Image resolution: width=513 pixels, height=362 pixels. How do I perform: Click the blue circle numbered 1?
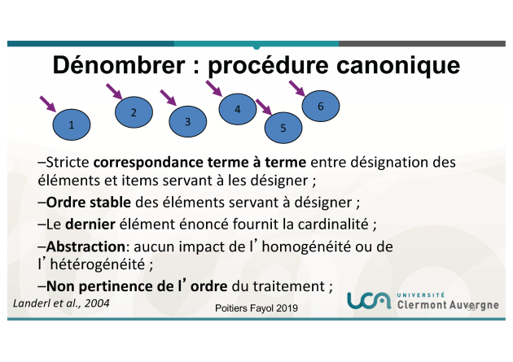click(x=72, y=124)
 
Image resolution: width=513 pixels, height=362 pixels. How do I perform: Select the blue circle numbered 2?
click(x=134, y=112)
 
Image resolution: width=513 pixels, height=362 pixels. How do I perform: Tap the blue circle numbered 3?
click(x=188, y=121)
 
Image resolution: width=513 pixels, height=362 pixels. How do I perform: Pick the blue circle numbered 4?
click(x=238, y=109)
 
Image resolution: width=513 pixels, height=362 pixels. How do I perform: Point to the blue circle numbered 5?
click(x=283, y=128)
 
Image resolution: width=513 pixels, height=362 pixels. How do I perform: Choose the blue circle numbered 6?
click(x=321, y=107)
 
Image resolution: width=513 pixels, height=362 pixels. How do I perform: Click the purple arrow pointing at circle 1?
click(x=48, y=104)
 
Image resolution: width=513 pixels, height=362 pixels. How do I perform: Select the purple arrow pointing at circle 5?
click(x=264, y=107)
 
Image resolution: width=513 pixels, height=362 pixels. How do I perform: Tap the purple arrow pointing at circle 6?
click(x=297, y=89)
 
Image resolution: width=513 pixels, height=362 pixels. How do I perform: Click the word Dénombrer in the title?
click(x=119, y=65)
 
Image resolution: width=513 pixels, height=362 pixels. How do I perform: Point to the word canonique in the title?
click(x=398, y=65)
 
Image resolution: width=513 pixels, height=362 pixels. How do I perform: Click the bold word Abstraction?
click(x=85, y=246)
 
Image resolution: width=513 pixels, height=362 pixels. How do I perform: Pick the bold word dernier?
click(x=90, y=225)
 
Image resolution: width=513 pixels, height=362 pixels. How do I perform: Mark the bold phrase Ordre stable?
click(x=89, y=203)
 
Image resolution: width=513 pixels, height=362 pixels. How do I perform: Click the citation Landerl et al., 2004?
click(x=61, y=303)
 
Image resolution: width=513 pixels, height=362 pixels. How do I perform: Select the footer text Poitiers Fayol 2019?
click(x=256, y=308)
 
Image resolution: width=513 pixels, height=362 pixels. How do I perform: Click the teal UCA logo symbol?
click(x=369, y=300)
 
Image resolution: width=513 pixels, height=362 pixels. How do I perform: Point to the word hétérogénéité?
click(x=98, y=264)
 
